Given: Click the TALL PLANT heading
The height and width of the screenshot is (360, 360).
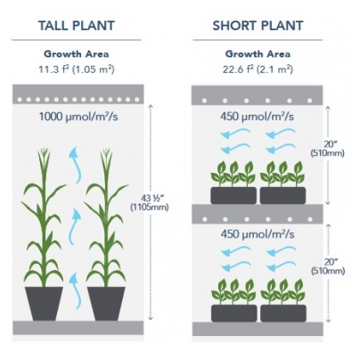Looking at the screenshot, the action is tap(77, 26).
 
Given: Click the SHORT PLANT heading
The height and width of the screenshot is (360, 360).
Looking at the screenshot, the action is tap(258, 26).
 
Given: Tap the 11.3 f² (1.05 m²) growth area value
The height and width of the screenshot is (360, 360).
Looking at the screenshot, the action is tap(77, 70).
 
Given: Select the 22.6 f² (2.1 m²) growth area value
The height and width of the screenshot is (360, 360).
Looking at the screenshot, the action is tap(258, 70).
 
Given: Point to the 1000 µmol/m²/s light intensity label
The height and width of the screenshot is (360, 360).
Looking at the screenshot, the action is tap(78, 117).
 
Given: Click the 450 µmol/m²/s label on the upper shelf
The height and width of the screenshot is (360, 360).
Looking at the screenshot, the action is tap(257, 117).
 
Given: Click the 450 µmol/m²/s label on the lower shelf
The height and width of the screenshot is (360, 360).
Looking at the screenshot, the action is tap(258, 234).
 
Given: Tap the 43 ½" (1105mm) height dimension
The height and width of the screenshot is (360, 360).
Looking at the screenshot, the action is tap(150, 202).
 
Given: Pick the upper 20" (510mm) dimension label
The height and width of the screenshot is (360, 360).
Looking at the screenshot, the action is tap(327, 149).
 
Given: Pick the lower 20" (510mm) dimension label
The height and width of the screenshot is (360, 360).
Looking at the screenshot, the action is tap(328, 266).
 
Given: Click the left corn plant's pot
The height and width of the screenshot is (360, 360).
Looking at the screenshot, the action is tap(44, 304).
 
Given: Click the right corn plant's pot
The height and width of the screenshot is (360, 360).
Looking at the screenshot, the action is tap(106, 304).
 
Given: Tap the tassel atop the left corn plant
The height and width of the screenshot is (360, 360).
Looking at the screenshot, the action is tap(44, 158).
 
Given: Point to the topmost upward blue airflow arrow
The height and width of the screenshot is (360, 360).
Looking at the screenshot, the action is tap(76, 165).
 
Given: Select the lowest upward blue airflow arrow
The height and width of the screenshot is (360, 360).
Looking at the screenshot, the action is tap(75, 291).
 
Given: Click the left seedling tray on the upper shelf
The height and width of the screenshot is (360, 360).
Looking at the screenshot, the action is tap(233, 195).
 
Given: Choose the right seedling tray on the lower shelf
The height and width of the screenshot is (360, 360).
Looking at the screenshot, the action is tap(283, 313).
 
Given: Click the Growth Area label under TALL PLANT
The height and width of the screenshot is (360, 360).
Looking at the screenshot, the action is tap(77, 54).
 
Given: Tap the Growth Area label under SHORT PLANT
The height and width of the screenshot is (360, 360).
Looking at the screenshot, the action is tap(258, 54).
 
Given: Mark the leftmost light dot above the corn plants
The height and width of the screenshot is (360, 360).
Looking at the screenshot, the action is tap(20, 100).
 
